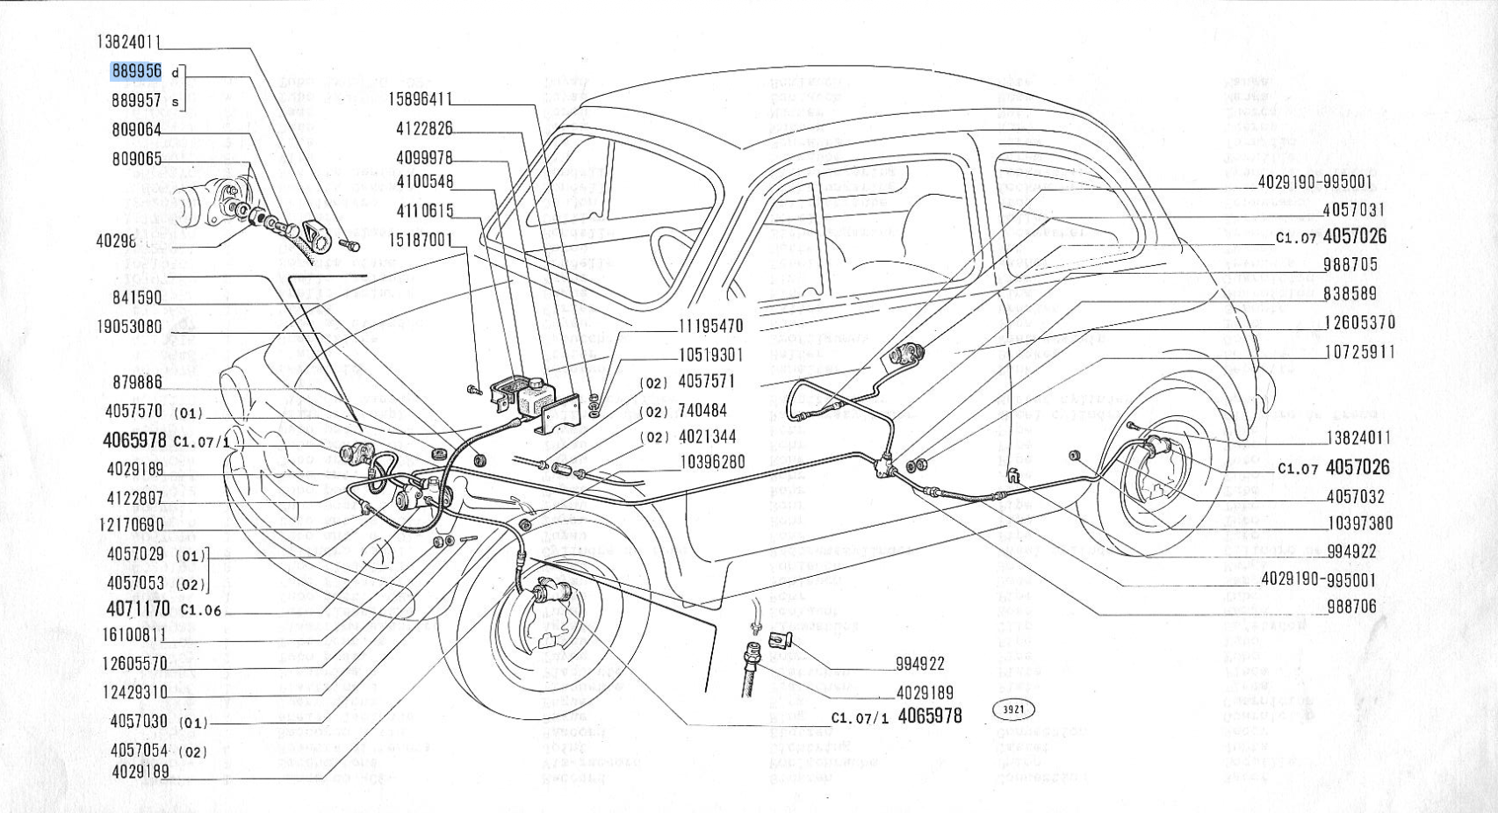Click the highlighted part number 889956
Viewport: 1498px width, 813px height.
136,71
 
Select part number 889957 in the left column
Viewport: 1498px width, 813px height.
136,101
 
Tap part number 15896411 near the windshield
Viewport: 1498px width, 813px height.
421,99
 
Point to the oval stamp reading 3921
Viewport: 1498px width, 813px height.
1013,709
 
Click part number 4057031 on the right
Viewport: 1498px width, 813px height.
1353,211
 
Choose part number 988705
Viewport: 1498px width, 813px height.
1350,265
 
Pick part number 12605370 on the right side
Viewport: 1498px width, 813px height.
1359,323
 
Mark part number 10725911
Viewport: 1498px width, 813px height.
1359,352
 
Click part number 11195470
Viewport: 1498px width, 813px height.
710,327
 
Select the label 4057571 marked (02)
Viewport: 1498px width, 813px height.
707,382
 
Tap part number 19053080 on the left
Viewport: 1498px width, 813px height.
129,327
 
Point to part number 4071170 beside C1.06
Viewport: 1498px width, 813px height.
138,609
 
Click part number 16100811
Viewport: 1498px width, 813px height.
133,635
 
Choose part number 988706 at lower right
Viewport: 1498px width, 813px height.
1352,607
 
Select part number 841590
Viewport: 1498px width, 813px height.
137,299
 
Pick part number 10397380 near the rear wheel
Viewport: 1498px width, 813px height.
1359,524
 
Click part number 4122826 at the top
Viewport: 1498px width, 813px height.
424,129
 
